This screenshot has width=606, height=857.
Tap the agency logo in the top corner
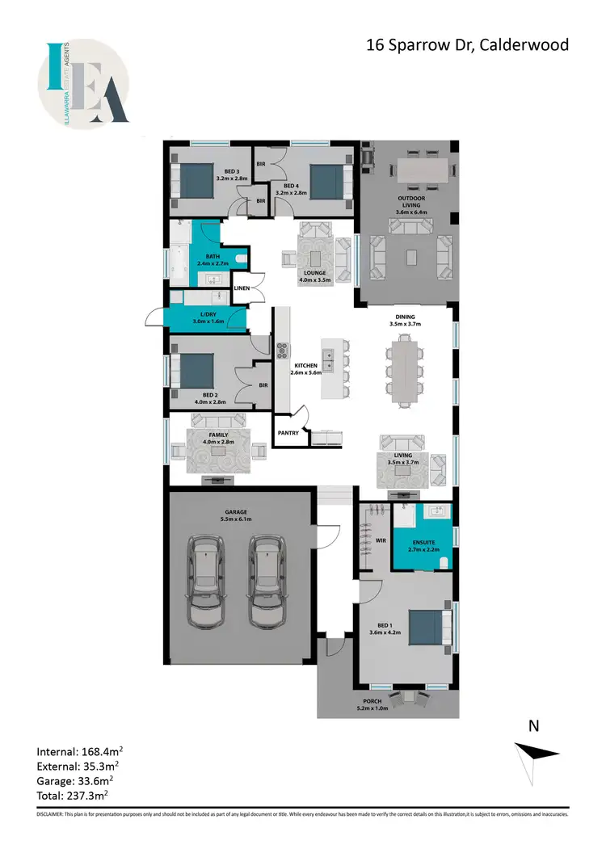point(83,84)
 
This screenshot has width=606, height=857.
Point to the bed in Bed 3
point(195,180)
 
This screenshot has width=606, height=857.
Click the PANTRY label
point(288,433)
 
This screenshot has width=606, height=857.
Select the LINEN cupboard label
point(242,288)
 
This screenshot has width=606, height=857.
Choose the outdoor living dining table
point(423,170)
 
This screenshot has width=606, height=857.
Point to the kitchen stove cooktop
point(284,351)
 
